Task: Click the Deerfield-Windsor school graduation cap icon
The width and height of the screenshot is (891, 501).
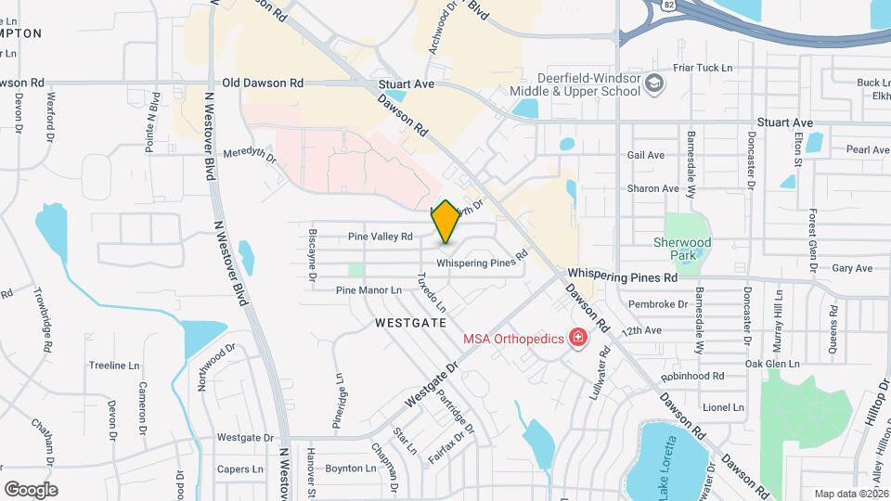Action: tap(655, 85)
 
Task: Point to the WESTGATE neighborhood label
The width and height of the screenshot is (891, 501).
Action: tap(411, 322)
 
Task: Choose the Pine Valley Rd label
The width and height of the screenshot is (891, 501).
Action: tap(380, 237)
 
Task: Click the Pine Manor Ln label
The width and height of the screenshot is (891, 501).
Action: tap(368, 290)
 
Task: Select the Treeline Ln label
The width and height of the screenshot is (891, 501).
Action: tap(113, 366)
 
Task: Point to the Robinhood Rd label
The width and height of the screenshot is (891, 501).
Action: tap(691, 376)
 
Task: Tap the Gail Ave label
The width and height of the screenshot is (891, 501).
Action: tap(646, 155)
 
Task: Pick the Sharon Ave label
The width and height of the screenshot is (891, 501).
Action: tap(653, 188)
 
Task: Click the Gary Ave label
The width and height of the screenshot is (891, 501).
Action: tap(852, 268)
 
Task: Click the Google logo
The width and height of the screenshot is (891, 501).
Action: tap(31, 489)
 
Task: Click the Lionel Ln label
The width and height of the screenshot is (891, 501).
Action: tap(724, 406)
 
